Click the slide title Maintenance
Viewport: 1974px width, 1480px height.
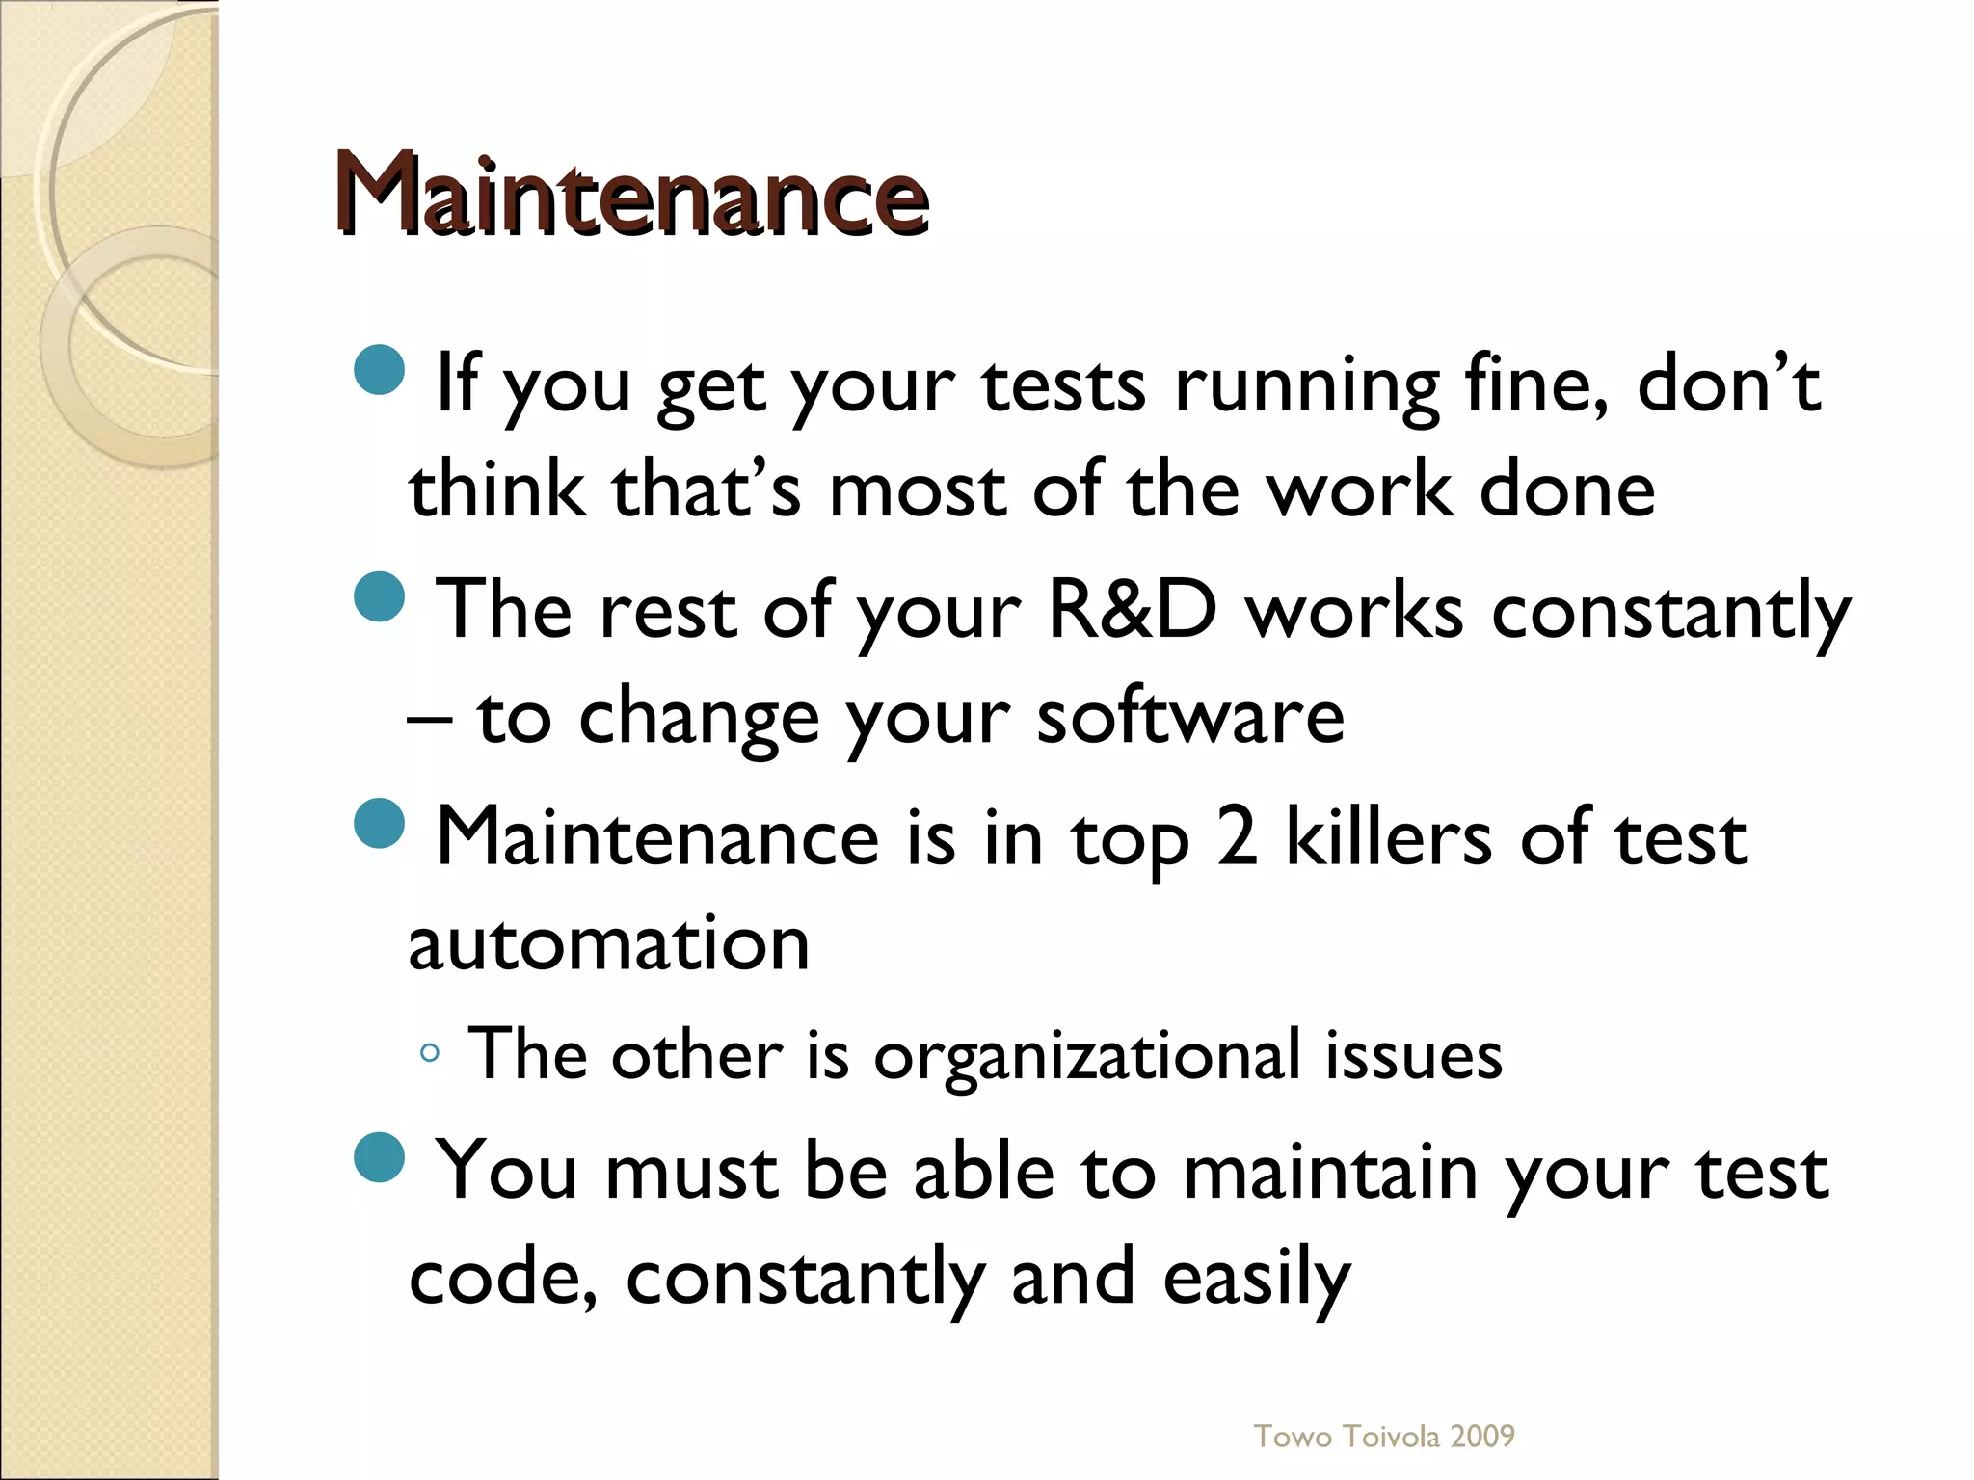pos(631,196)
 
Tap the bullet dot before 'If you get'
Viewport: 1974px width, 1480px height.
pos(379,369)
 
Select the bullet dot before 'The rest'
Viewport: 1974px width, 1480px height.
pos(379,596)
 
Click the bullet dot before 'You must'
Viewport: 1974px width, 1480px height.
pos(379,1156)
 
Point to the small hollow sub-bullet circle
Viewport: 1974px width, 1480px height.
pos(430,1053)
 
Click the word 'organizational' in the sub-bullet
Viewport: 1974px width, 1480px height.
pos(1087,1057)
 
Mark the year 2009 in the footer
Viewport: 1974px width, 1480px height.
pos(1482,1437)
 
